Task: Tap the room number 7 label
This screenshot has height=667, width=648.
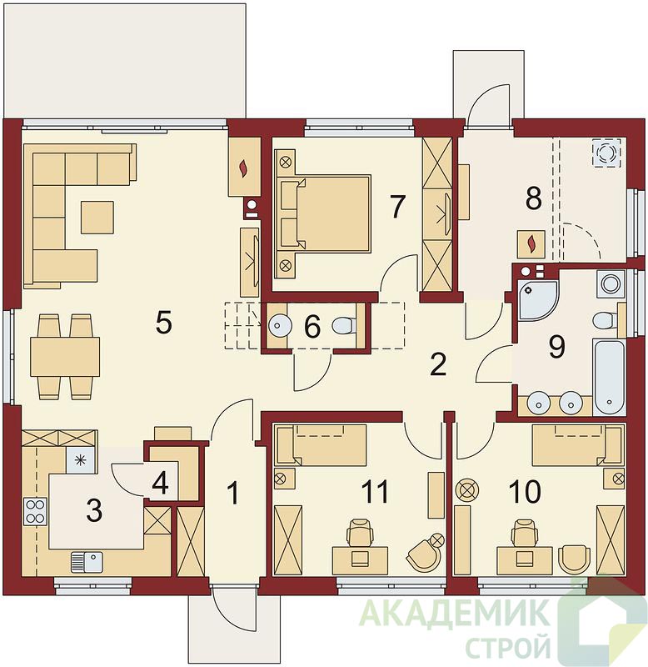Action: click(397, 206)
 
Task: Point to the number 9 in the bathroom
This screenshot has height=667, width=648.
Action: click(556, 346)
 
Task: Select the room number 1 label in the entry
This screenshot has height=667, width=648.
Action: click(233, 494)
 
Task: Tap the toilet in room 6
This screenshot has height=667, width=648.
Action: click(342, 326)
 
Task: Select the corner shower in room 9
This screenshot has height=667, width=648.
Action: click(537, 299)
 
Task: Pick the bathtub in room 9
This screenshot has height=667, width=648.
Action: click(610, 377)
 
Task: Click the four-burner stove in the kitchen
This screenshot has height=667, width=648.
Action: click(35, 512)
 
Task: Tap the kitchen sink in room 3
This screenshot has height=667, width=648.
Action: click(87, 561)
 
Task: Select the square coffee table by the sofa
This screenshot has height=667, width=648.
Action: click(97, 218)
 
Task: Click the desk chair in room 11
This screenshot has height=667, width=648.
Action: click(360, 533)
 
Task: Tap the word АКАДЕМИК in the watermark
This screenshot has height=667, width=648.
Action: click(453, 613)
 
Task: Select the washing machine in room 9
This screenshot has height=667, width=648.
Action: click(611, 283)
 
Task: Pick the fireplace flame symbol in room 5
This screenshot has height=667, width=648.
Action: click(243, 168)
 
